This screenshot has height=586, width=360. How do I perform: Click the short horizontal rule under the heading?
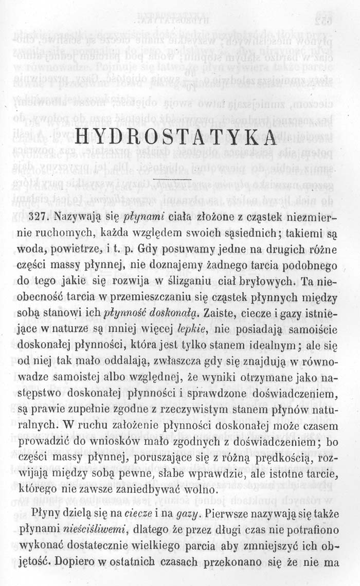tap(172, 178)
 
